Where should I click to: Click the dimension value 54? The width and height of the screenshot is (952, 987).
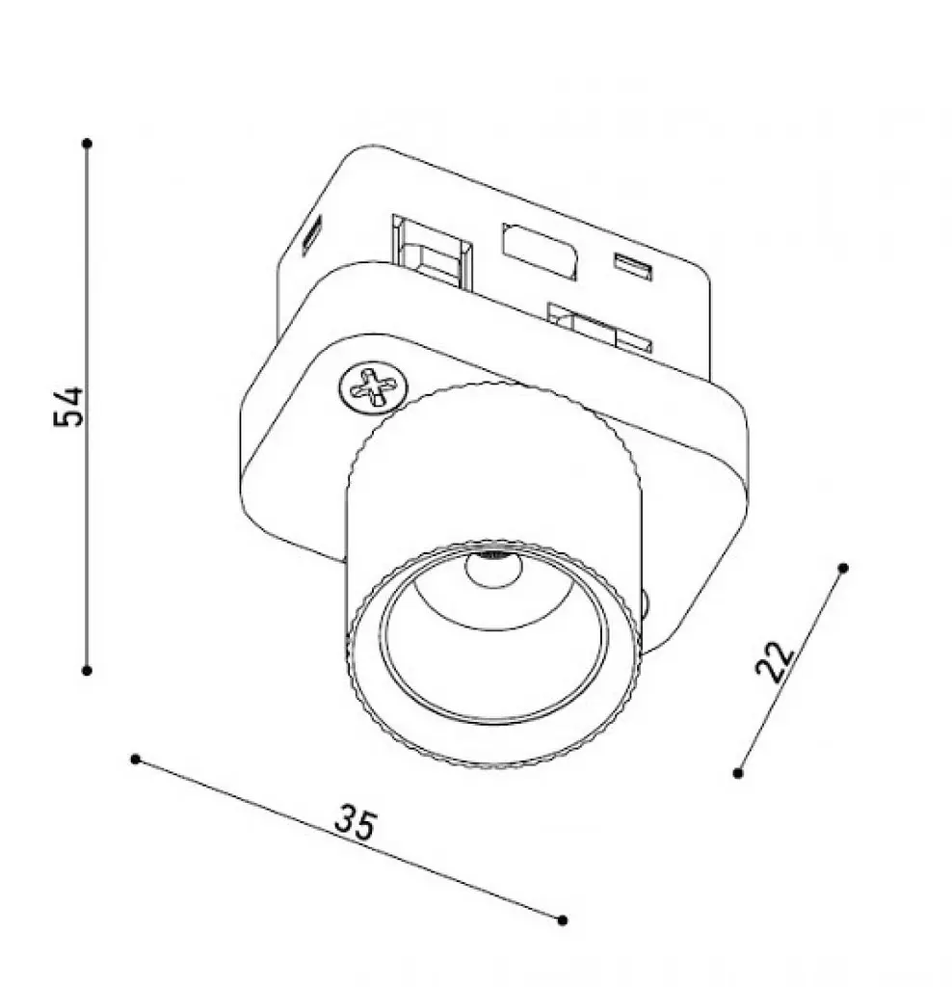68,407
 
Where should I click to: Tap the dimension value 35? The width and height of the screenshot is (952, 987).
356,823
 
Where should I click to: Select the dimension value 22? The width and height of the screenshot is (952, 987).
775,661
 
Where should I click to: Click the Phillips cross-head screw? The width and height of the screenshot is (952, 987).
373,387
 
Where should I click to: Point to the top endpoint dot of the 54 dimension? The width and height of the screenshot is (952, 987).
88,145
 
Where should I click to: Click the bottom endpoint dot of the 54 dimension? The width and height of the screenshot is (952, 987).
88,671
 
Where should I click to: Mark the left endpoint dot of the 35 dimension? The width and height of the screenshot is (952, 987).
135,760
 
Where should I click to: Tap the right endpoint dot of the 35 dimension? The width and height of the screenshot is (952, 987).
563,920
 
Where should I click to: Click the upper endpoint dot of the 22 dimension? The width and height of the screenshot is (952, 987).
844,568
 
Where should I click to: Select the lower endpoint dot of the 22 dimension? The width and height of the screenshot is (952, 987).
738,773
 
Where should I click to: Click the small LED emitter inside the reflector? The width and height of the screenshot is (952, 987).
493,568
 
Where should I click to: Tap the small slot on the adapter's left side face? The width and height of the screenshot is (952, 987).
311,234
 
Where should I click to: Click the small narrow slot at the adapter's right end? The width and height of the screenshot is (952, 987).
633,267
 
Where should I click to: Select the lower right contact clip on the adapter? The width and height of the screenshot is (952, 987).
599,329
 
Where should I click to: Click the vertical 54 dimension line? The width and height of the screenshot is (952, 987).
88,408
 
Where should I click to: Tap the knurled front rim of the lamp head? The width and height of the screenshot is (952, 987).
494,654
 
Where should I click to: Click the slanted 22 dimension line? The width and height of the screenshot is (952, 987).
791,671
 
